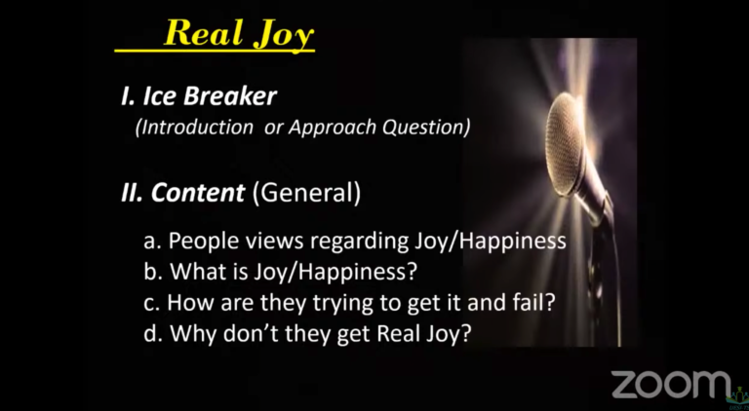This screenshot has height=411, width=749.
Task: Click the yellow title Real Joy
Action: click(239, 34)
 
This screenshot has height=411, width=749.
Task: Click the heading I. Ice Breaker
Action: click(199, 96)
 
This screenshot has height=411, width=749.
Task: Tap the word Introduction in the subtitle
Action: click(194, 128)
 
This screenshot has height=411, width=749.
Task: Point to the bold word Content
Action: click(198, 193)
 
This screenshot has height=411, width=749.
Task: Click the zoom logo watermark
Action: click(671, 384)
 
